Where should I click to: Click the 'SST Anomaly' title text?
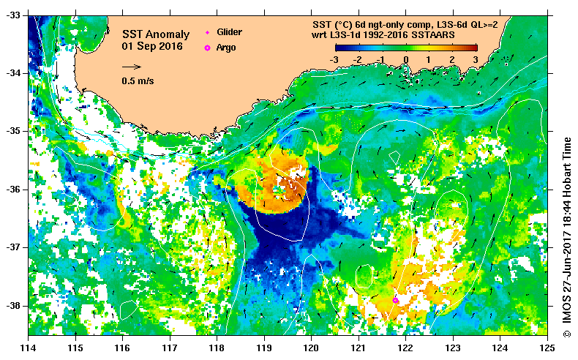click(x=155, y=34)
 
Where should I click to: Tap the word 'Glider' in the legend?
click(x=229, y=32)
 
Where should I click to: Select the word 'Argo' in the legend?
click(x=226, y=48)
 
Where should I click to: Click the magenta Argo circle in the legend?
click(x=207, y=48)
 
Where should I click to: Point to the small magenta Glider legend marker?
click(x=207, y=33)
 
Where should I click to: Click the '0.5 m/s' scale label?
click(x=138, y=81)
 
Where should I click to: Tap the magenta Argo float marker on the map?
click(x=396, y=300)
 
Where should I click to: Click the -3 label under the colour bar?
click(x=333, y=59)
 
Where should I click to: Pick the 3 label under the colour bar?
click(x=475, y=59)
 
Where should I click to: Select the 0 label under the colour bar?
click(x=405, y=59)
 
